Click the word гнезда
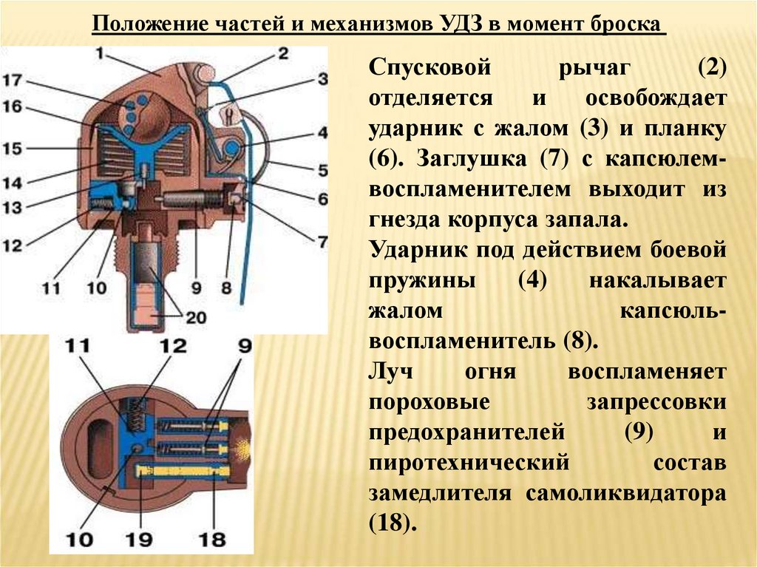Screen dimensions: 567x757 [407, 219]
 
